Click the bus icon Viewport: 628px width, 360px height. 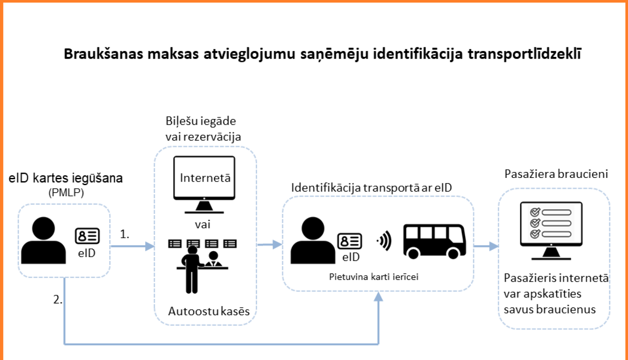pos(435,241)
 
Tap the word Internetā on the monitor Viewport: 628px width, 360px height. pos(205,178)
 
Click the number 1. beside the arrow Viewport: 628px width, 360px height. pos(124,234)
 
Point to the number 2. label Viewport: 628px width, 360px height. pos(58,300)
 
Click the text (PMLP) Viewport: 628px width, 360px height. pos(66,193)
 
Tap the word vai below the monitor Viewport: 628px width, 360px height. pos(203,225)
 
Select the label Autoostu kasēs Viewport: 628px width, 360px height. pos(208,311)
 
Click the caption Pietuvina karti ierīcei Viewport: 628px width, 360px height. pos(373,277)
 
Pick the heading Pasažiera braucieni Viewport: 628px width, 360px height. pos(556,174)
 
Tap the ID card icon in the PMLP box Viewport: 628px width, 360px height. pos(87,237)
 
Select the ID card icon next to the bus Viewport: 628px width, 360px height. pos(350,242)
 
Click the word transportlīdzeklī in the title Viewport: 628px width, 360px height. pos(524,54)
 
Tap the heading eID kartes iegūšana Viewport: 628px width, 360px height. pos(66,178)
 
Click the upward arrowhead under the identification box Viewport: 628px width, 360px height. pos(378,297)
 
